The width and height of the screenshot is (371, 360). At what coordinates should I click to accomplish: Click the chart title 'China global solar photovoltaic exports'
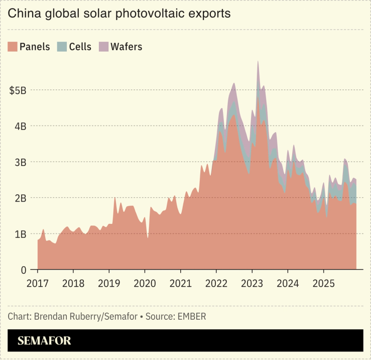[119, 14]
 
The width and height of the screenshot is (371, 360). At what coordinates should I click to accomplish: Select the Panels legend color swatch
[13, 47]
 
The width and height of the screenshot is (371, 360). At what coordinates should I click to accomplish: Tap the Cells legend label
[80, 47]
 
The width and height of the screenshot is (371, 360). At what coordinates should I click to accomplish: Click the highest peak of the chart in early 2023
[258, 62]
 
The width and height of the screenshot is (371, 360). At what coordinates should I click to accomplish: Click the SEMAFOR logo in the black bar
[44, 341]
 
